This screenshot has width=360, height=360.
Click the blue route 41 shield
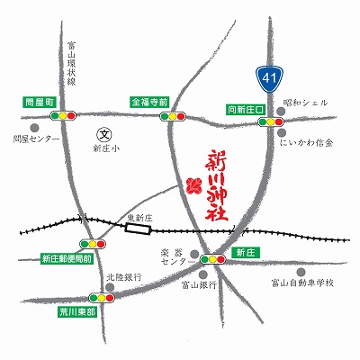click(x=266, y=78)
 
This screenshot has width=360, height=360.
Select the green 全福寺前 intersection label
click(x=149, y=102)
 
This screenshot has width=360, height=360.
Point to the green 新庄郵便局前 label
click(x=67, y=258)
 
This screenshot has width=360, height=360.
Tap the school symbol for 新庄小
click(x=103, y=134)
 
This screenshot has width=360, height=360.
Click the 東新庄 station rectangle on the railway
click(x=139, y=229)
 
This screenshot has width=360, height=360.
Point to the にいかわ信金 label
click(x=307, y=142)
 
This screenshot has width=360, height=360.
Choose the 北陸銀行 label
click(x=125, y=277)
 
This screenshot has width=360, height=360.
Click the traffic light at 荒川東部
click(x=97, y=299)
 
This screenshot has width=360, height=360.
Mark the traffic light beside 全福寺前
click(x=174, y=116)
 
